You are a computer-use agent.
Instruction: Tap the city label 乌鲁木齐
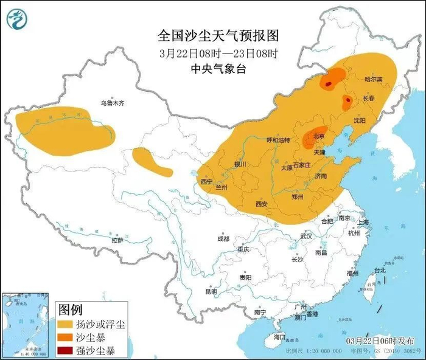pyautogui.click(x=113, y=104)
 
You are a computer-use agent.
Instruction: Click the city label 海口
pyautogui.click(x=279, y=336)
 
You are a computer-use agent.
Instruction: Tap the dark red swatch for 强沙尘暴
pyautogui.click(x=68, y=350)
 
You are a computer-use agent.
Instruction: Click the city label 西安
pyautogui.click(x=262, y=204)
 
